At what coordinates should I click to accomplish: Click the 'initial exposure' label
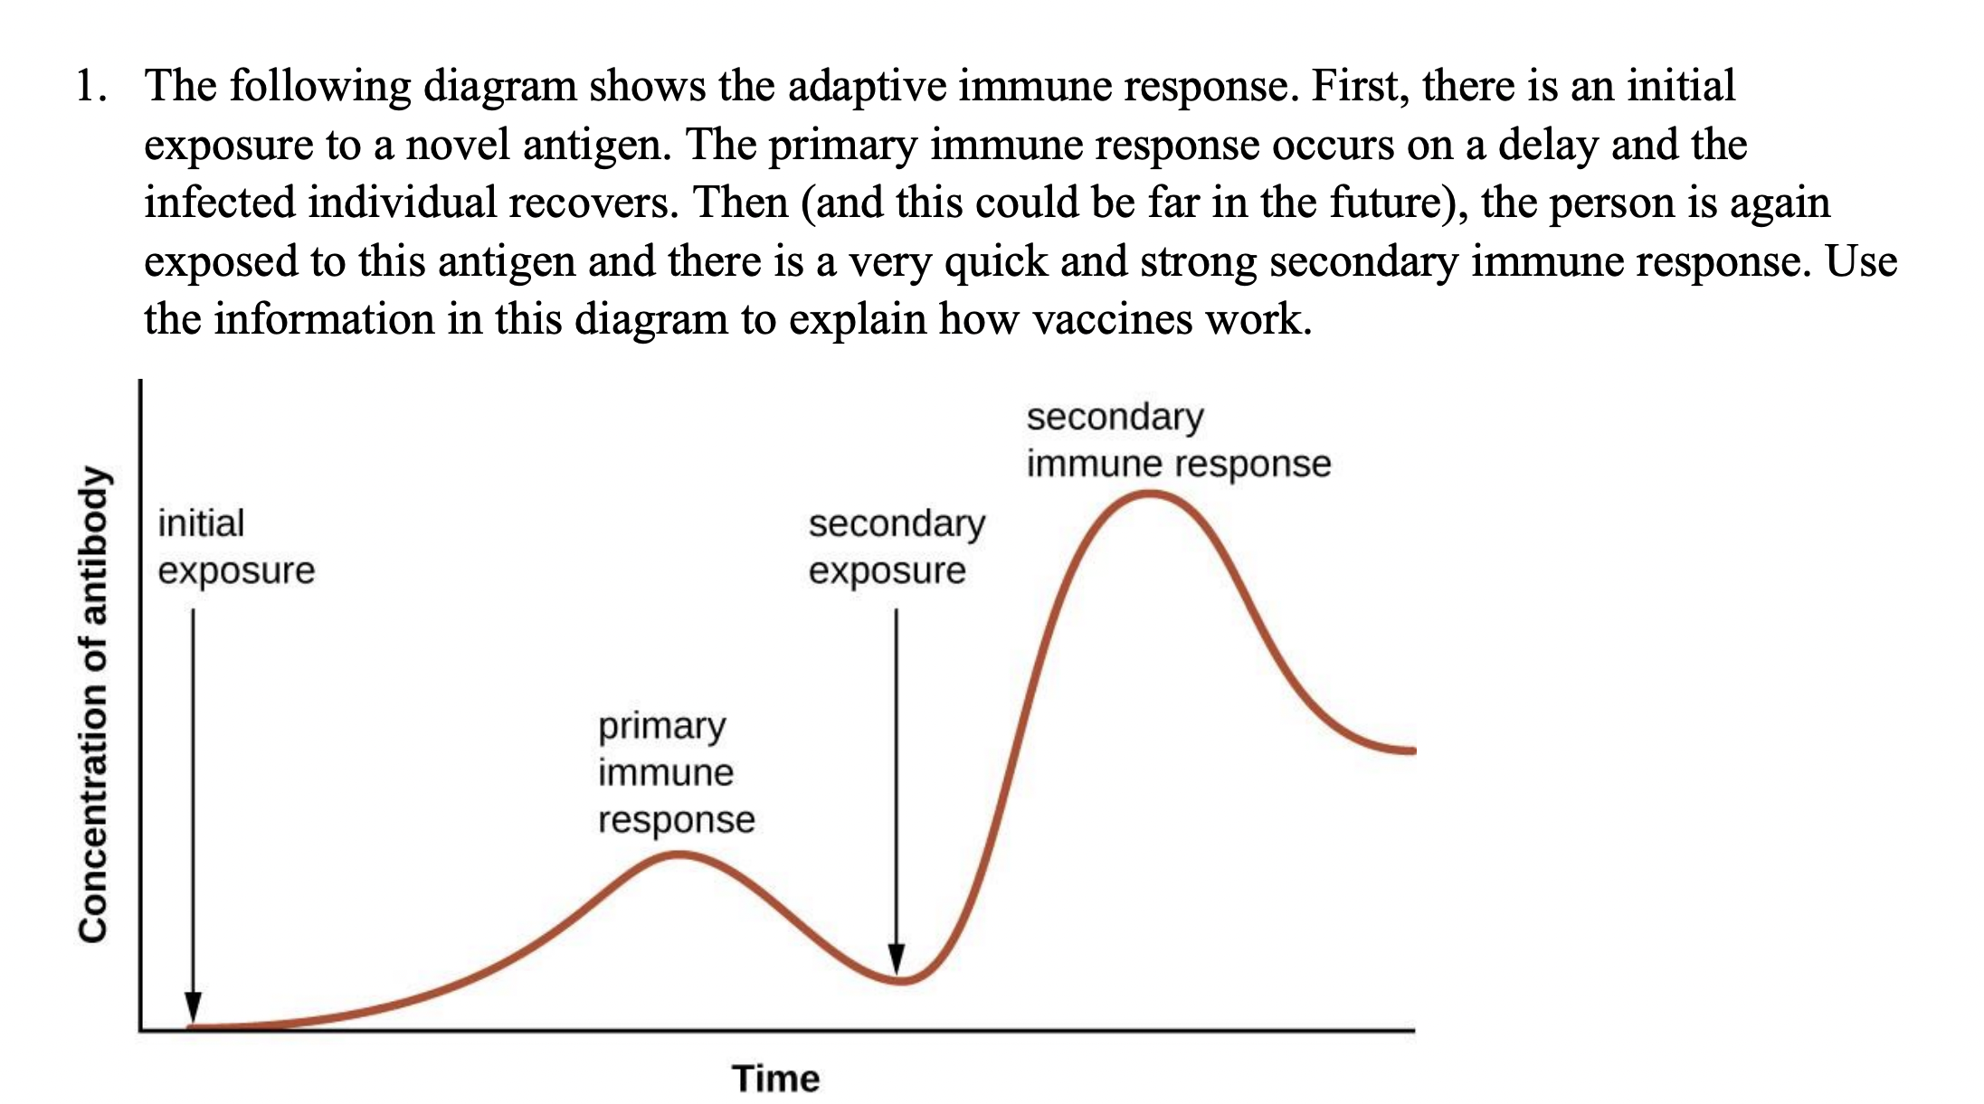coord(235,547)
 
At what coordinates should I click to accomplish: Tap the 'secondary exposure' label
coord(896,547)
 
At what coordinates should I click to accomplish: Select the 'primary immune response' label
coord(676,773)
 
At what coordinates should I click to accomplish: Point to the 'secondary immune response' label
coord(1177,440)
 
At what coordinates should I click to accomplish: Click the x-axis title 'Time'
coord(775,1079)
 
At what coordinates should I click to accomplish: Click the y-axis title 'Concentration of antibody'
coord(93,705)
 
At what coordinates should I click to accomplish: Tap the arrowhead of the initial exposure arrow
coord(193,1007)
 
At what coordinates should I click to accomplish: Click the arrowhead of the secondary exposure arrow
coord(896,958)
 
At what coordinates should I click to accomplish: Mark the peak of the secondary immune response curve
coord(1150,494)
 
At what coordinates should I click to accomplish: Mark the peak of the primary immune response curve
coord(678,854)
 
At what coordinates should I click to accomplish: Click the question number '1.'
coord(91,87)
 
